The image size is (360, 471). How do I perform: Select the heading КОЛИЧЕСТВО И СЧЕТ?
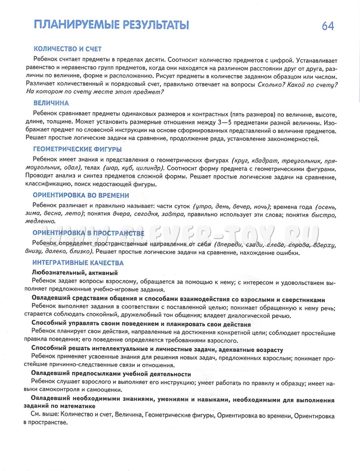pyautogui.click(x=67, y=49)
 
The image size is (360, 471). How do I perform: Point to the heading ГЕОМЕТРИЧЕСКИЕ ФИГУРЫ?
pyautogui.click(x=78, y=149)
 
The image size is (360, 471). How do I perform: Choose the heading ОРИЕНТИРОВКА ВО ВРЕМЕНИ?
pyautogui.click(x=81, y=195)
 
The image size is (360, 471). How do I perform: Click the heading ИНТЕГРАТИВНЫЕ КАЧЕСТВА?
pyautogui.click(x=79, y=263)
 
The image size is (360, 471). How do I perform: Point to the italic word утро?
pyautogui.click(x=204, y=206)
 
